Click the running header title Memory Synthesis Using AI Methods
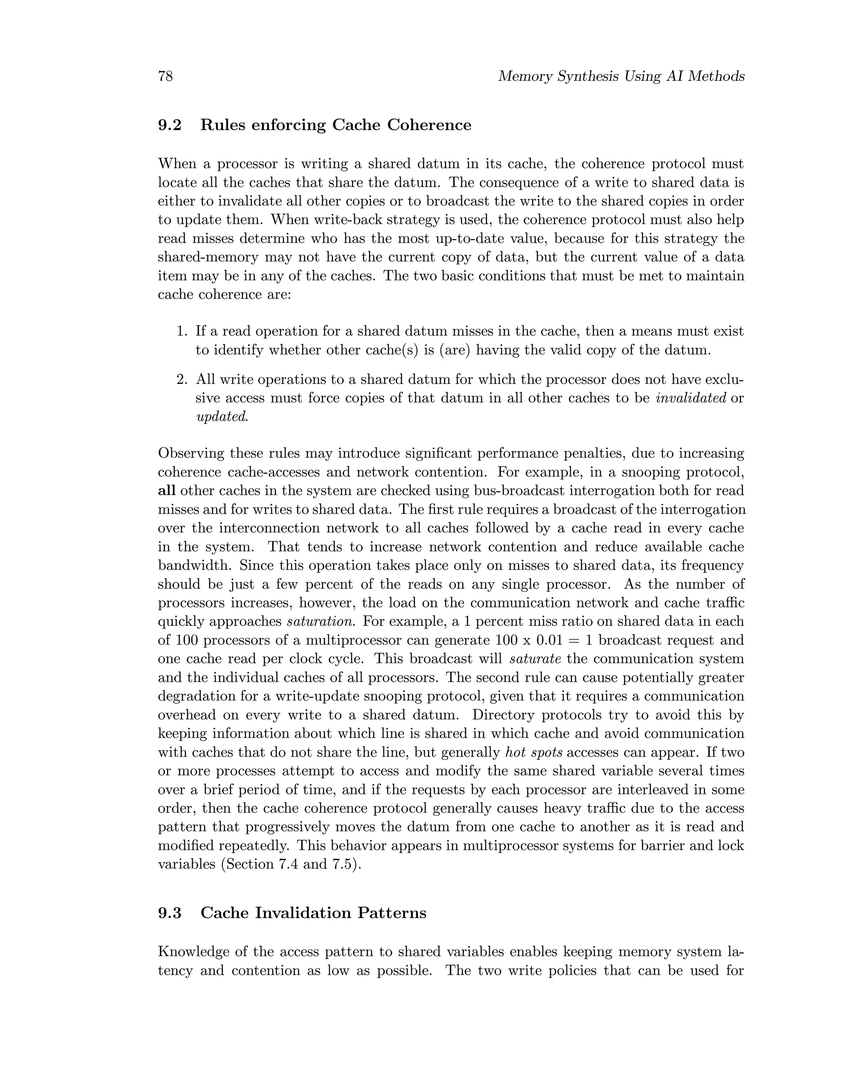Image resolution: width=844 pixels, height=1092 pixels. [x=621, y=77]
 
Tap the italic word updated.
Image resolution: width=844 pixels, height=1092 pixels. [x=221, y=417]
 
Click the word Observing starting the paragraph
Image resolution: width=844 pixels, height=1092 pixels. [x=190, y=454]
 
